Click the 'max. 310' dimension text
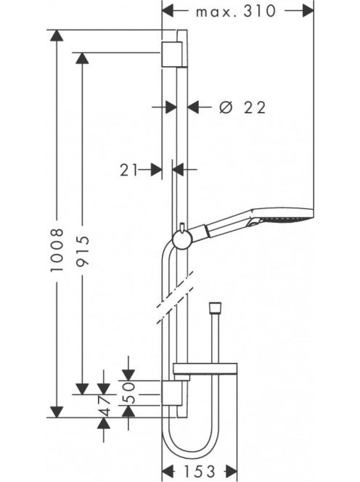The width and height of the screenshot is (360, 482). pyautogui.click(x=236, y=12)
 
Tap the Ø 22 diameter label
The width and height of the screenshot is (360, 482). pyautogui.click(x=242, y=107)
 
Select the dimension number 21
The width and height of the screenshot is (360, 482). pyautogui.click(x=128, y=170)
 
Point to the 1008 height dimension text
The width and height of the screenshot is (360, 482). pyautogui.click(x=57, y=250)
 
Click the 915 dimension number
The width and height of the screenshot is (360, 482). pyautogui.click(x=83, y=250)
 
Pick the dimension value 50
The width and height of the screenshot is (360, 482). pyautogui.click(x=129, y=393)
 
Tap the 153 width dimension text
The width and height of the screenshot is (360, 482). pyautogui.click(x=200, y=471)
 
